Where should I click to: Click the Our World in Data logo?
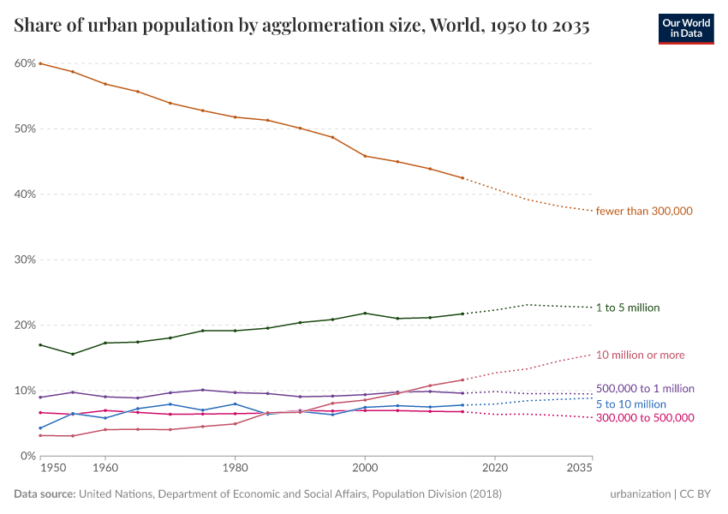click(685, 27)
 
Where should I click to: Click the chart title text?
click(301, 27)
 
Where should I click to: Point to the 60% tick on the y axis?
click(24, 63)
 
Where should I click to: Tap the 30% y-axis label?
click(24, 260)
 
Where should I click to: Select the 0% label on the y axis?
click(27, 456)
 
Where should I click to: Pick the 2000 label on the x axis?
click(365, 469)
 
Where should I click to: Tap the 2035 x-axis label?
click(579, 469)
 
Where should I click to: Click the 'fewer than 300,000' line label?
click(644, 212)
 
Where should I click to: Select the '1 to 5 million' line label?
click(628, 308)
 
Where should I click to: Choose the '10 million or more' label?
click(640, 355)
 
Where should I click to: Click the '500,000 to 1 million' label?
click(645, 389)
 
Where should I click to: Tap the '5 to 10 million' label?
click(630, 403)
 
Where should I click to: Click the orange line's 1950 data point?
click(40, 63)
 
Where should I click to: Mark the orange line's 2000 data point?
click(365, 156)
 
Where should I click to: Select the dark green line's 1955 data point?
click(73, 354)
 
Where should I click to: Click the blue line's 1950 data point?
click(40, 428)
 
